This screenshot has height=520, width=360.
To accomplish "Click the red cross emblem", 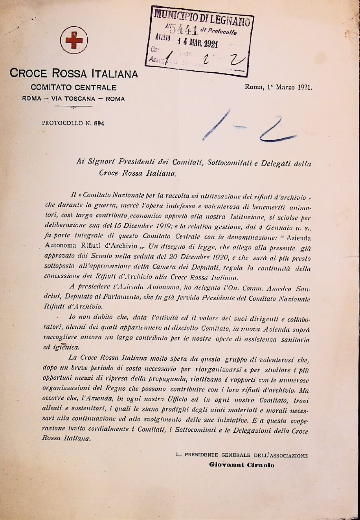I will [73, 40].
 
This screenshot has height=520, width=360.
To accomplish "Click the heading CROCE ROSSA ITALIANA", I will [74, 73].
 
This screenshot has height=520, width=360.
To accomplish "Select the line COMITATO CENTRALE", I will [73, 87].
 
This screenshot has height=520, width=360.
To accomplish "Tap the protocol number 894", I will [99, 123].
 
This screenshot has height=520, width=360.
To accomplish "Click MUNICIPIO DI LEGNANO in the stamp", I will [202, 17].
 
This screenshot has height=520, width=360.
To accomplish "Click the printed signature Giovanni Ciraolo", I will [242, 465].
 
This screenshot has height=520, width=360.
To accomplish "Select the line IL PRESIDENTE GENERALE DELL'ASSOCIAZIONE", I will [242, 456].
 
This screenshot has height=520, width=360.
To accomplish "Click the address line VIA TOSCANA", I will [73, 99].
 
